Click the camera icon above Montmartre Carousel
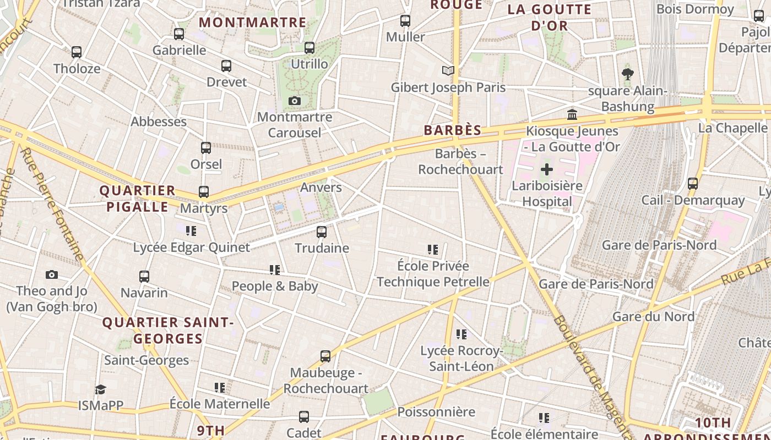pyautogui.click(x=295, y=101)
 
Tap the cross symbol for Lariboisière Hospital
pyautogui.click(x=546, y=169)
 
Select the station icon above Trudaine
pyautogui.click(x=322, y=232)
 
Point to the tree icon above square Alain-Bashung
pyautogui.click(x=627, y=74)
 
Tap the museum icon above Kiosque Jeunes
pyautogui.click(x=572, y=115)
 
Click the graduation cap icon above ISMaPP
pyautogui.click(x=100, y=389)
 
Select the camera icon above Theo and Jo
pyautogui.click(x=51, y=274)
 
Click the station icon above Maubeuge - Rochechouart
pyautogui.click(x=325, y=356)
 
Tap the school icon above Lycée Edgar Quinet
pyautogui.click(x=191, y=231)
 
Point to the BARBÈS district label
pyautogui.click(x=453, y=130)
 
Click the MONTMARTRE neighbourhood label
pyautogui.click(x=252, y=23)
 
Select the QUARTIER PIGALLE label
pyautogui.click(x=137, y=199)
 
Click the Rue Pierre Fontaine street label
pyautogui.click(x=52, y=204)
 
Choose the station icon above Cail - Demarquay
pyautogui.click(x=693, y=184)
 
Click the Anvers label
pyautogui.click(x=321, y=188)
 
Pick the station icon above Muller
pyautogui.click(x=405, y=21)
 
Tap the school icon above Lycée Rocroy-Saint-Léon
pyautogui.click(x=461, y=334)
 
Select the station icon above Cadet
pyautogui.click(x=304, y=417)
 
